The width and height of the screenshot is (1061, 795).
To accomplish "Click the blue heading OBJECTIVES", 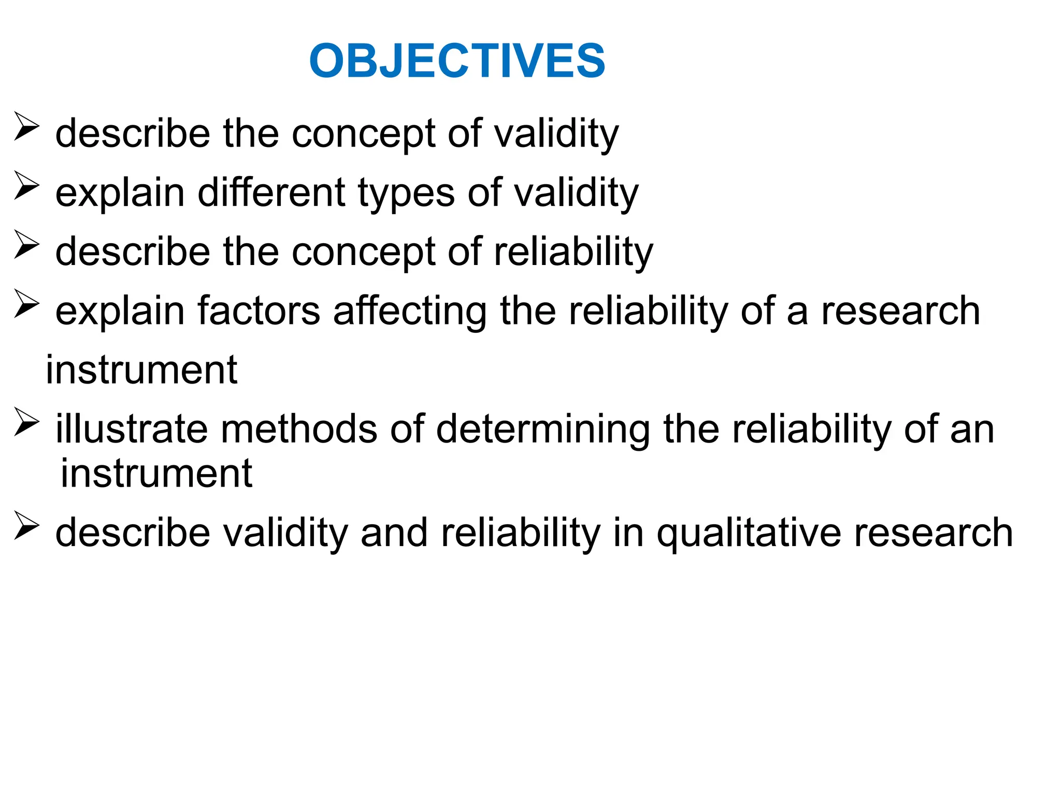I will click(457, 61).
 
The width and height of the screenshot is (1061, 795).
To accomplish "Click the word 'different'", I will click(271, 193).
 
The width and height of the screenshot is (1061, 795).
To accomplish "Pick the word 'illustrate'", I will click(132, 429).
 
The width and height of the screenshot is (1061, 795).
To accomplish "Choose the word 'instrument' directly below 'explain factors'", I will click(141, 370).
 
